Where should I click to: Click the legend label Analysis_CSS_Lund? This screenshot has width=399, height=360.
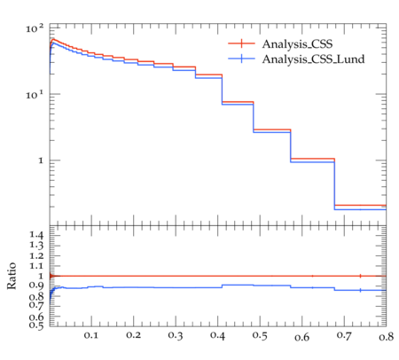pos(313,59)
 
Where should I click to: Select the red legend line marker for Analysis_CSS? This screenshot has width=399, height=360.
pos(241,43)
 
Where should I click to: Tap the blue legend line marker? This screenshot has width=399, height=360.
pos(241,59)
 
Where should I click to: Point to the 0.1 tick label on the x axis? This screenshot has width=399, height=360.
pos(91,335)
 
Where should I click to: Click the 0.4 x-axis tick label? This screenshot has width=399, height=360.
pos(217,335)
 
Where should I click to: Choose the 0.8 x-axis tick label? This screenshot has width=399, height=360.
pos(387,336)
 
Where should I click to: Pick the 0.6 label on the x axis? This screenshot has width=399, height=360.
pos(302,337)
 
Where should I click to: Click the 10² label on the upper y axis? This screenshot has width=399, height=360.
pos(35,28)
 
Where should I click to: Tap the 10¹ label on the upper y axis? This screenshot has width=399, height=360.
pos(35,95)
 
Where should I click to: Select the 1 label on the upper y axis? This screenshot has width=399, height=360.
pos(41,161)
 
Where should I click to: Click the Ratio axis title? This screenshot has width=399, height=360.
pos(12,276)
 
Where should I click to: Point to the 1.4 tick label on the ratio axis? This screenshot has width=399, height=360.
pos(36,235)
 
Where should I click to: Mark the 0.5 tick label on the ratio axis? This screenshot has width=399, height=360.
pos(36,325)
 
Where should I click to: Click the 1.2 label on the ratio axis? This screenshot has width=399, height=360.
pos(36,255)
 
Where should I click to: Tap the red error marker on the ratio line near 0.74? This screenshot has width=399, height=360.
pos(360,276)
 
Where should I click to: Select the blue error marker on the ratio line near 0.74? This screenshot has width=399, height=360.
pos(360,290)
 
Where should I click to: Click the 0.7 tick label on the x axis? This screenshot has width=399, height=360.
pos(344,336)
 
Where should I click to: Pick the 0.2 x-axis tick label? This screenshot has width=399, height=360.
pos(133,335)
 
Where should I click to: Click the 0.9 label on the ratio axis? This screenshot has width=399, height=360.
pos(36,286)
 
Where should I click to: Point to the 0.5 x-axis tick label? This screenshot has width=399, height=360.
pos(260,336)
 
